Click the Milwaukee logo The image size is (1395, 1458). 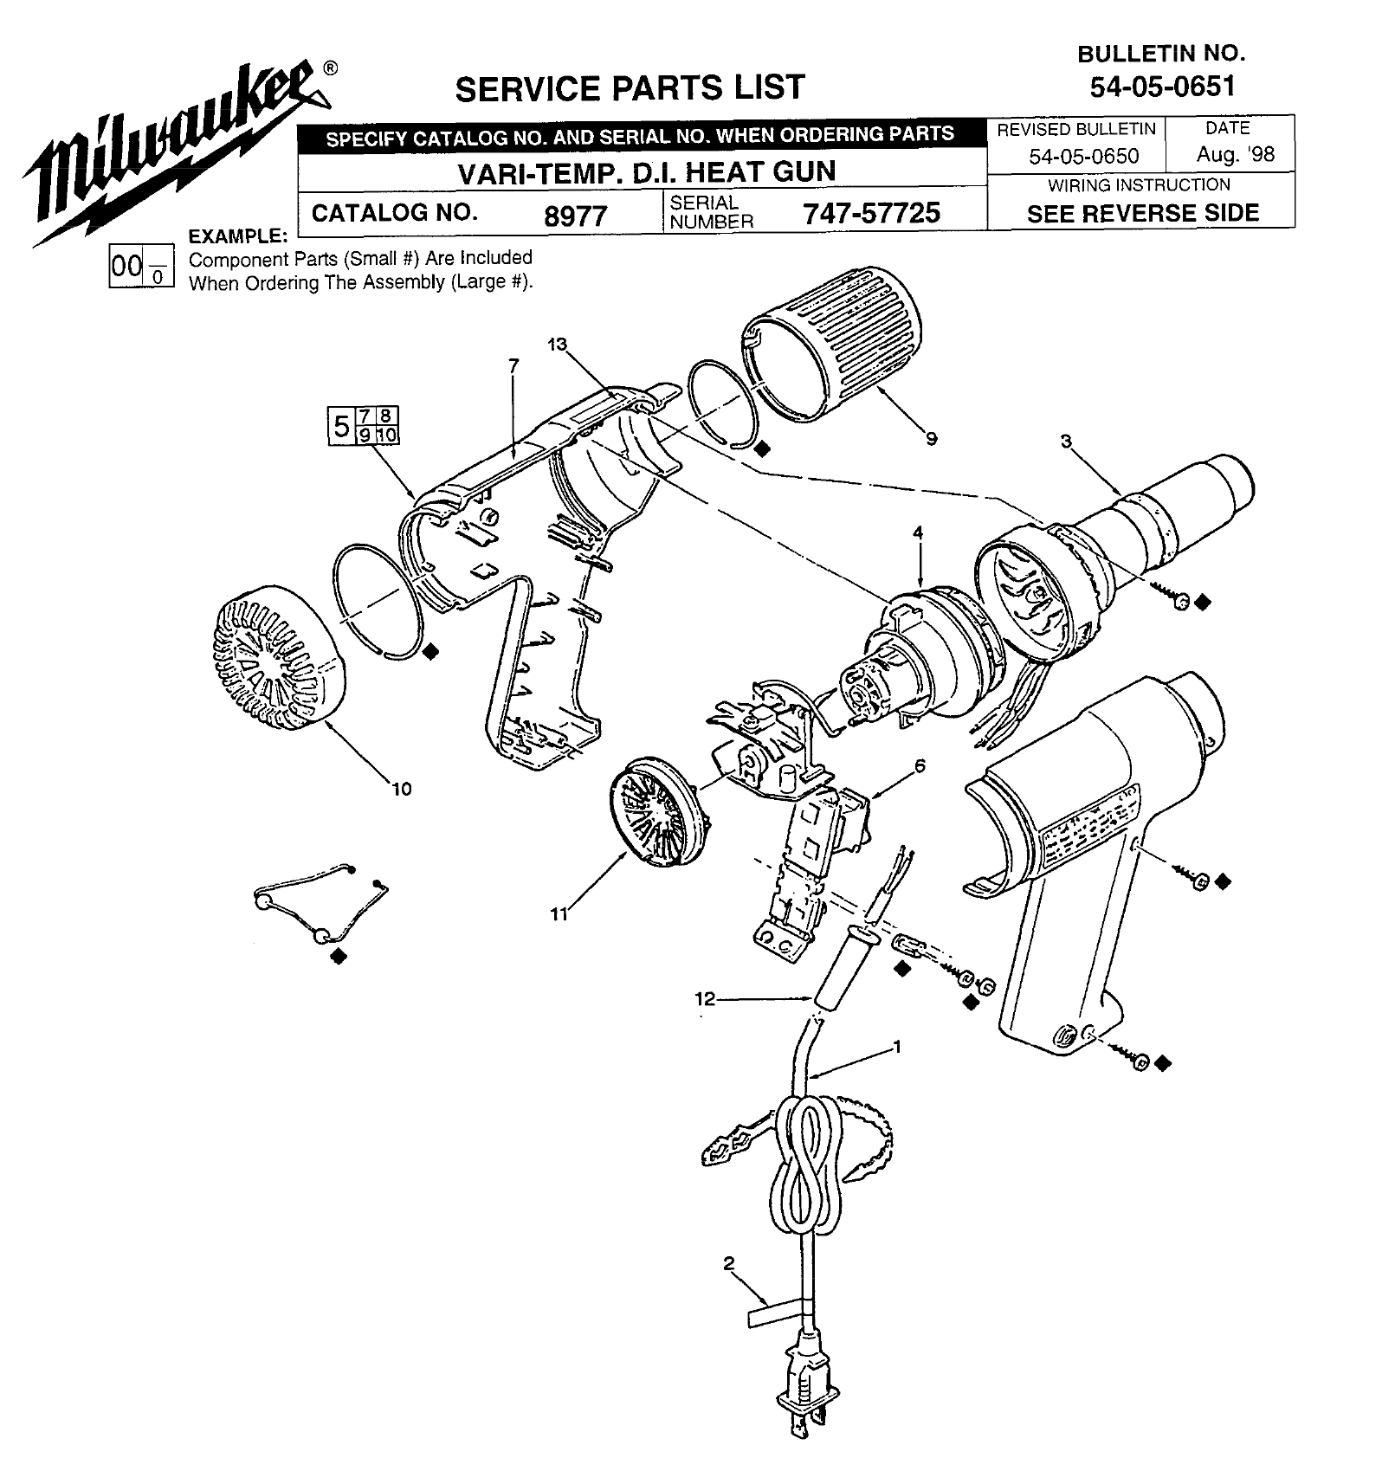[x=173, y=152]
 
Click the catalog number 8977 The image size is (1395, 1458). [x=575, y=215]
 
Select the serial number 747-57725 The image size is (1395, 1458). [x=871, y=213]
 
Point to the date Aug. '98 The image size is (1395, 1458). [x=1236, y=155]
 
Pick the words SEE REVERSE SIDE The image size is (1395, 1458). [x=1142, y=213]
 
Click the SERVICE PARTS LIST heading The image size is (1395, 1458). [x=630, y=87]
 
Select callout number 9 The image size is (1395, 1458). [x=931, y=439]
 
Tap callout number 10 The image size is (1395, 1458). [x=401, y=789]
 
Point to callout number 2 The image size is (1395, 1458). [x=728, y=1263]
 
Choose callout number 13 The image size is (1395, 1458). [x=556, y=345]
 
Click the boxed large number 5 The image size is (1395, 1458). [x=341, y=426]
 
